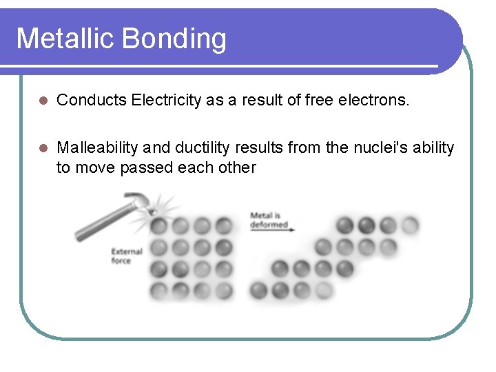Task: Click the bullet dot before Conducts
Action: coord(42,101)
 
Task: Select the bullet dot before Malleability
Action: coord(42,148)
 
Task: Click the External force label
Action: coord(126,256)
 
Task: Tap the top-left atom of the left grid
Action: coord(159,226)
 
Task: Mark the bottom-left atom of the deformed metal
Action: coord(258,290)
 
